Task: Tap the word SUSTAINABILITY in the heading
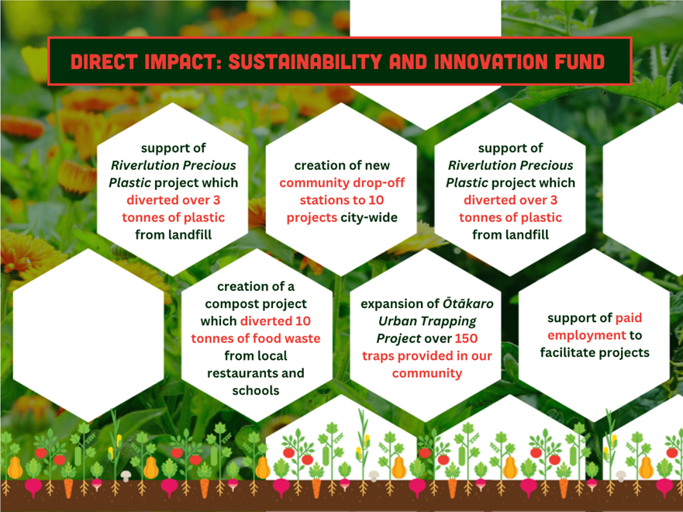point(305,61)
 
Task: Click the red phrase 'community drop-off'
point(342,183)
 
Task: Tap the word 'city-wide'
point(369,217)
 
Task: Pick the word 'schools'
point(256,390)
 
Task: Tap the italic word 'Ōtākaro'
point(468,303)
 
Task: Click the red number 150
point(466,338)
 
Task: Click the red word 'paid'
point(628,318)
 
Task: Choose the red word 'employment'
point(587,336)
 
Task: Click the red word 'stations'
point(322,200)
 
